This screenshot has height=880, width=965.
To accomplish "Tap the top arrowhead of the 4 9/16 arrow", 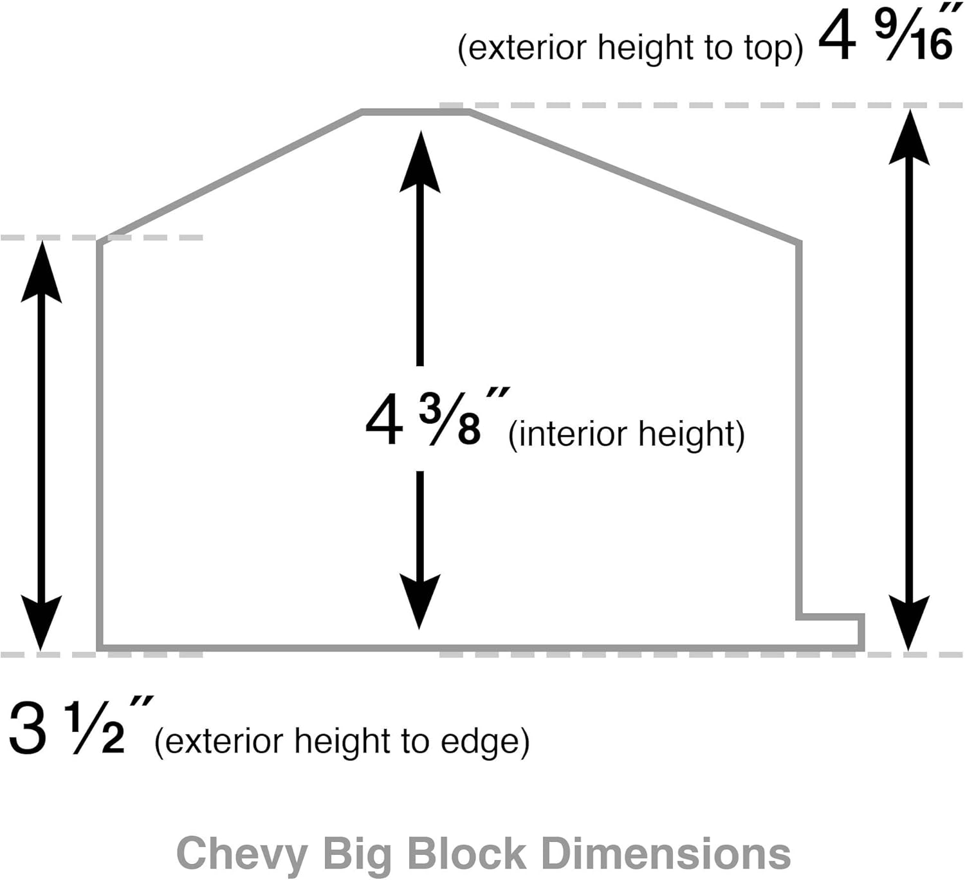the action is coord(909,138).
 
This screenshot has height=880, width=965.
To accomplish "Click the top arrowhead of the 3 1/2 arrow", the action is coord(41,271).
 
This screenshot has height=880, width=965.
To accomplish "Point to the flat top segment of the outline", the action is coord(416,113).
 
